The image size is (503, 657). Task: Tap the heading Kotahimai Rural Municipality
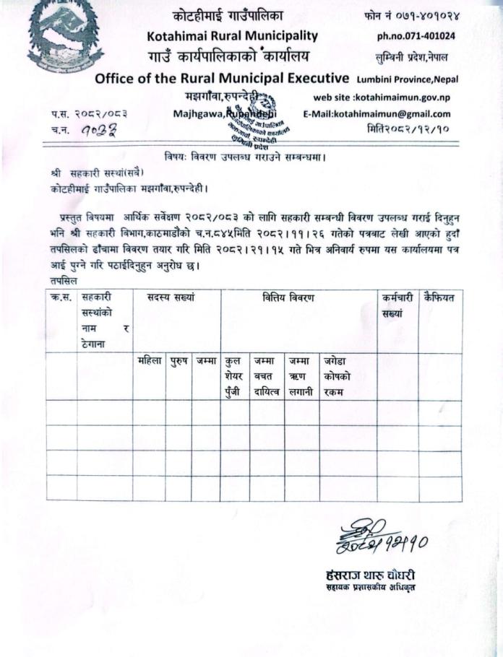(232, 35)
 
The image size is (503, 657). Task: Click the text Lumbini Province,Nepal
(408, 79)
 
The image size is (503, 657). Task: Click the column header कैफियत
(439, 297)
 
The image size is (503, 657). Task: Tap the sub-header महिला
(150, 360)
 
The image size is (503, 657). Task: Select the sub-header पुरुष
(178, 360)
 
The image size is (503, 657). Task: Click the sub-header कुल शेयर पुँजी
(233, 375)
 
